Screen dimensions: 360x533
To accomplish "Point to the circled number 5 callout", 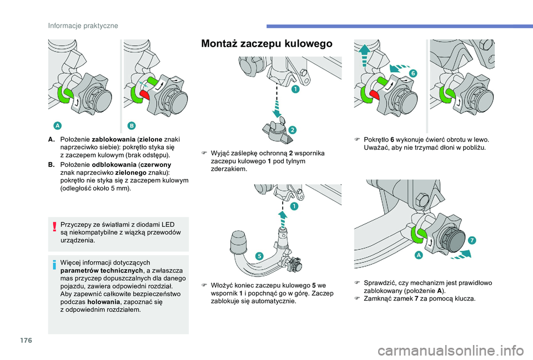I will pos(258,255).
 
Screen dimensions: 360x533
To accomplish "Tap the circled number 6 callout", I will pos(414,73).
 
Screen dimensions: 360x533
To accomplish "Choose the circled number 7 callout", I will pos(471,240).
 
